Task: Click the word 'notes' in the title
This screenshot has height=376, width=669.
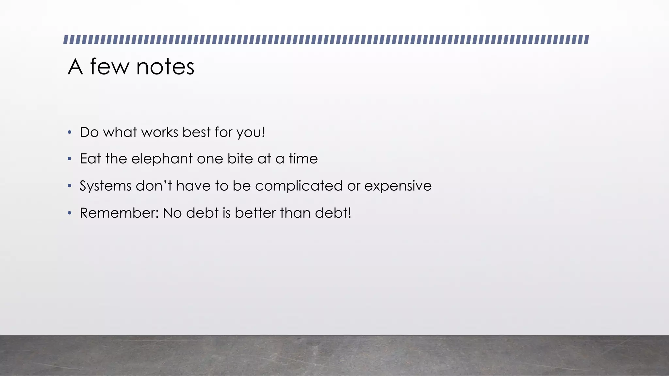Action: tap(165, 67)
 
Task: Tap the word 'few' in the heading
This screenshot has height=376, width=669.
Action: tap(109, 67)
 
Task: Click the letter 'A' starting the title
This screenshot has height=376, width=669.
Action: tap(75, 67)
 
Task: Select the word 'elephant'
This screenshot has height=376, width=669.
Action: tap(162, 159)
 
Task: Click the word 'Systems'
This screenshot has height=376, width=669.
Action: tap(106, 186)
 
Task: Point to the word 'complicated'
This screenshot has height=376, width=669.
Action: tap(299, 186)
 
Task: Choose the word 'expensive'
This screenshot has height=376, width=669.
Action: tap(398, 186)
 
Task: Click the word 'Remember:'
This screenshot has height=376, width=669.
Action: tap(119, 213)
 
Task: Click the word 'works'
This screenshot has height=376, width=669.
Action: tap(160, 133)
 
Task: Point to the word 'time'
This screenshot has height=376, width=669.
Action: tap(303, 159)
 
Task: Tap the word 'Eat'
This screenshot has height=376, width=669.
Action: tap(90, 159)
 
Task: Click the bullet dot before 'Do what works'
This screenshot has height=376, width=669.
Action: tap(69, 133)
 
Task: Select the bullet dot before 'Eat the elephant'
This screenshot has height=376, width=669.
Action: tap(69, 159)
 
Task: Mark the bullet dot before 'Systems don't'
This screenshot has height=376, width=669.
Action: tap(69, 186)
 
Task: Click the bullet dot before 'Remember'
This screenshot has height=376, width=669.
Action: tap(69, 213)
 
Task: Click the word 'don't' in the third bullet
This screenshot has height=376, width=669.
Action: tap(154, 186)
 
